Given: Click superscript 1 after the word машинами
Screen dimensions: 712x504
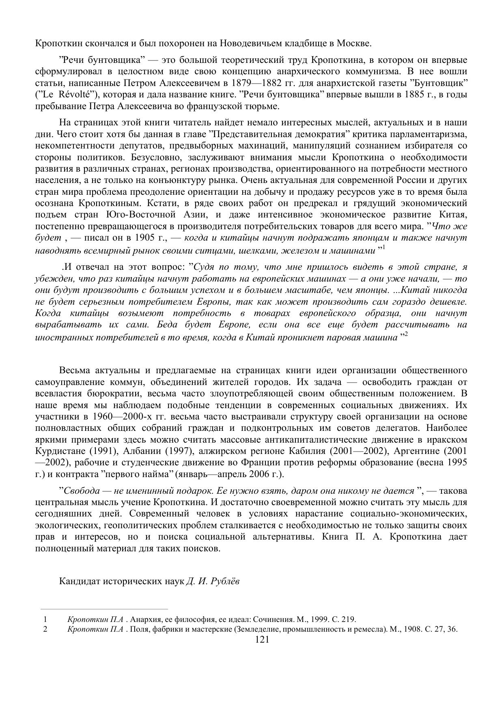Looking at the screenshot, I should click(x=383, y=247).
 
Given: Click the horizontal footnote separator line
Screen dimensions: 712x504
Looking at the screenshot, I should click(x=104, y=609).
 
